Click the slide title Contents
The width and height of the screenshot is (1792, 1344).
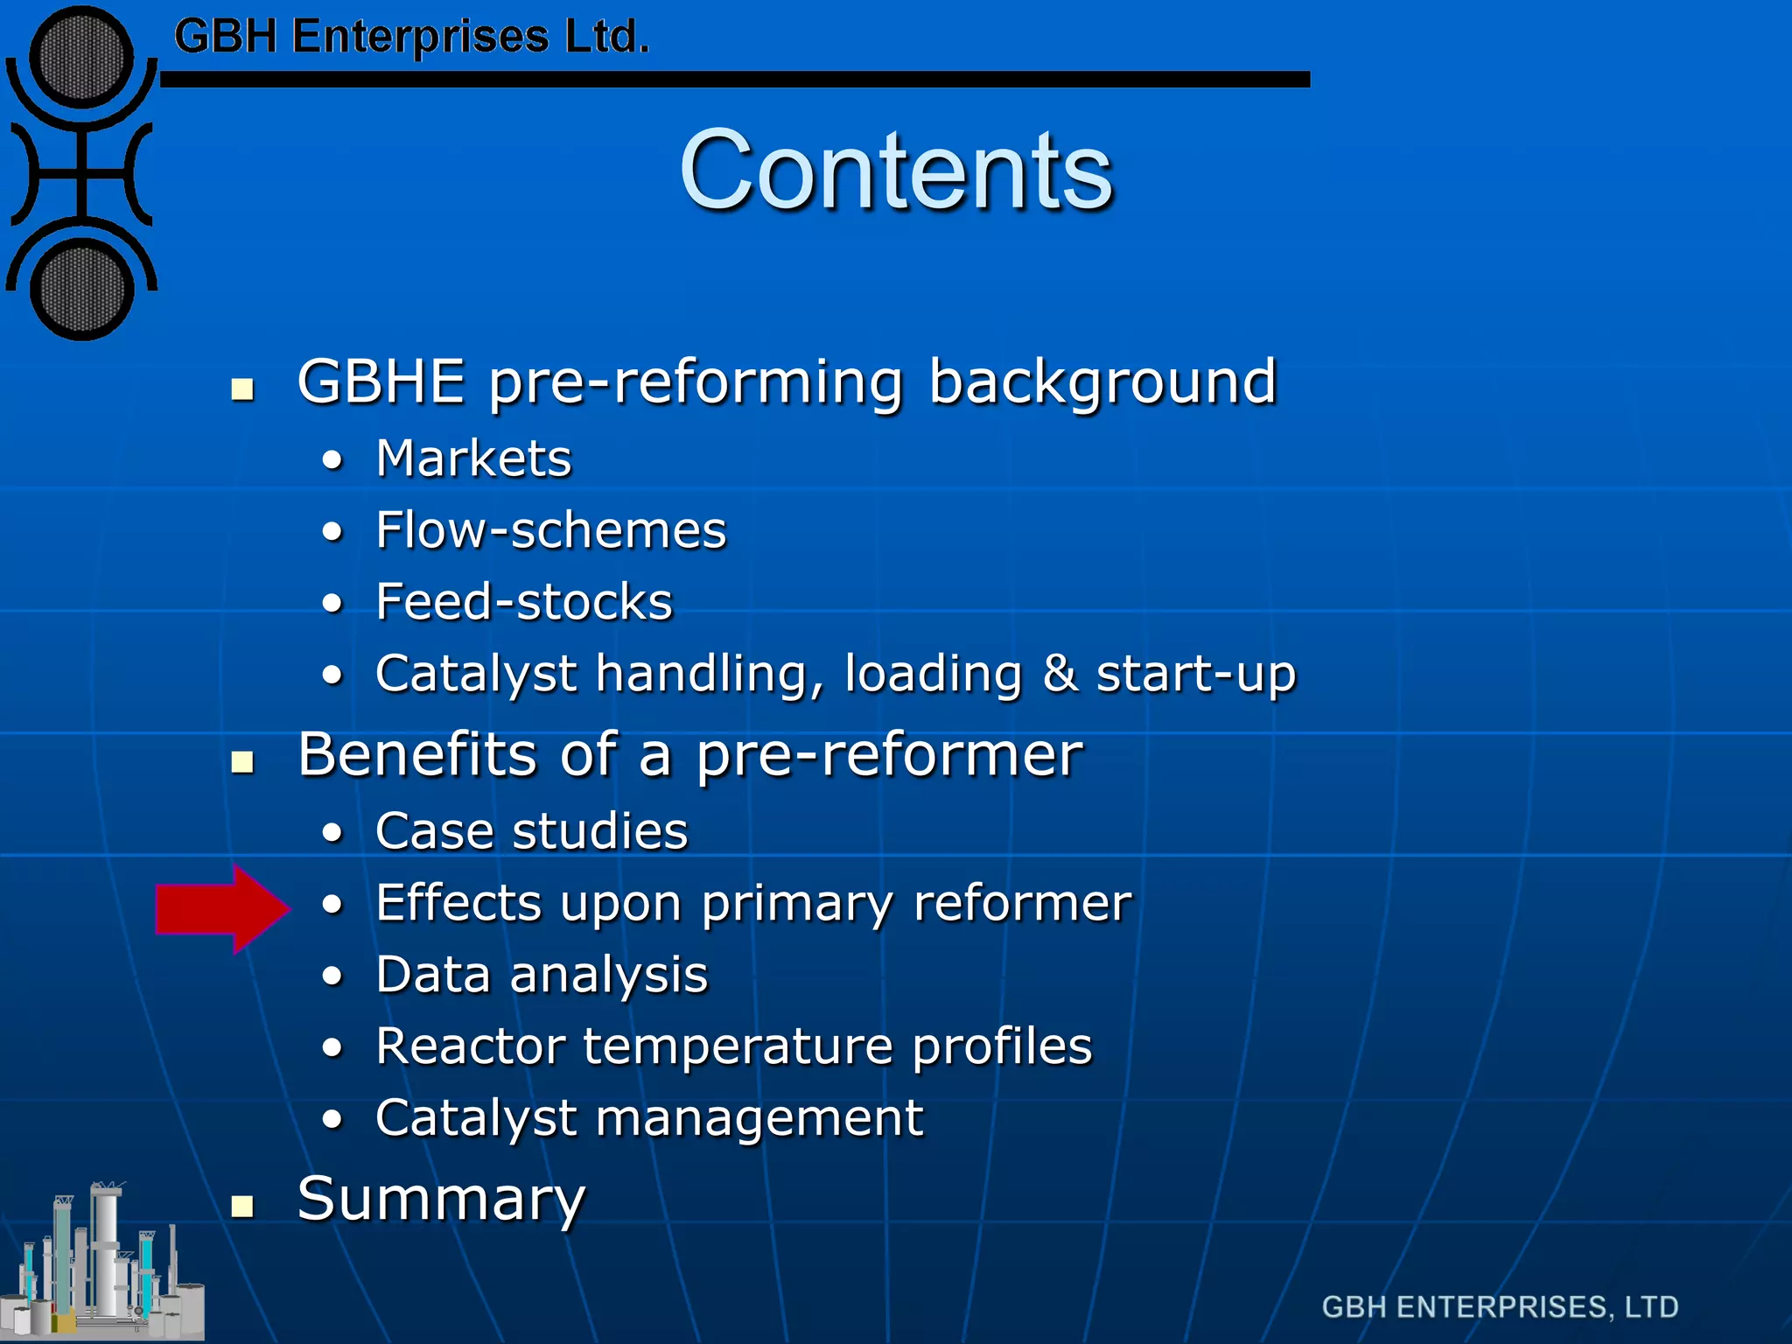pos(896,171)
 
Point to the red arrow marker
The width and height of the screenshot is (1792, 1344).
pos(219,908)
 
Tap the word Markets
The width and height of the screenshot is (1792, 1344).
pos(473,458)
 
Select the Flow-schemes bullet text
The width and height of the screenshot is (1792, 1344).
pos(550,530)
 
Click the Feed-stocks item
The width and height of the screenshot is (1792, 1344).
pos(524,602)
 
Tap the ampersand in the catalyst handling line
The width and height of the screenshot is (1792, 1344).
pos(1060,674)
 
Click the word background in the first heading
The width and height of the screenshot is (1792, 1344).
pos(1102,382)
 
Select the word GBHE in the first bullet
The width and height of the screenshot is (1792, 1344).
pos(381,382)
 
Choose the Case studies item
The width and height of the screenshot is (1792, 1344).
pos(531,831)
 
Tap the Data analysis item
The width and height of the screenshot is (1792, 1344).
pos(542,975)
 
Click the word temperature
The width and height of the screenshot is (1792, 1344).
pos(738,1046)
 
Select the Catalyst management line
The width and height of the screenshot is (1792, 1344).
pos(648,1118)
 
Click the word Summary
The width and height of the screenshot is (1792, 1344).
pos(441,1200)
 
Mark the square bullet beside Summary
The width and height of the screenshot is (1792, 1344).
pos(242,1207)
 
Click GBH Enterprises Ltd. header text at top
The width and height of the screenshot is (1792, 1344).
pos(411,38)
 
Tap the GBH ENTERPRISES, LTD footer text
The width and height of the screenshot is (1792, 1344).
pos(1499,1306)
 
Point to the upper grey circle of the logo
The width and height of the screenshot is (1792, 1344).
pos(81,58)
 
